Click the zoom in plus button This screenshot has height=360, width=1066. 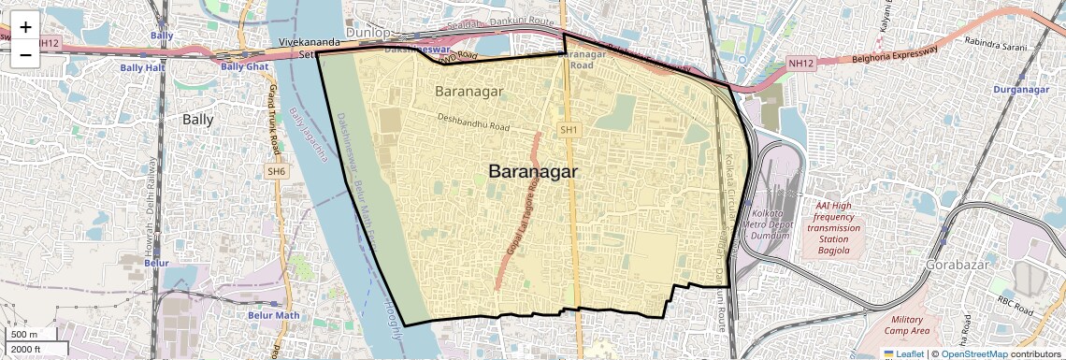tap(25, 28)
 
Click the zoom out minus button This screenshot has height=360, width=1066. tap(25, 55)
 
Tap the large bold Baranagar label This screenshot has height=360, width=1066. tap(533, 172)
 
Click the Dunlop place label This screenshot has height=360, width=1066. tap(367, 32)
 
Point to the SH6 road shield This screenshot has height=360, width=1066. tap(277, 171)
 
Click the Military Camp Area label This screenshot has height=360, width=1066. tap(906, 325)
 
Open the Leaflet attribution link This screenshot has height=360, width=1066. tap(903, 353)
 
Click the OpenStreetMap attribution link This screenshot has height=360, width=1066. tap(973, 353)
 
